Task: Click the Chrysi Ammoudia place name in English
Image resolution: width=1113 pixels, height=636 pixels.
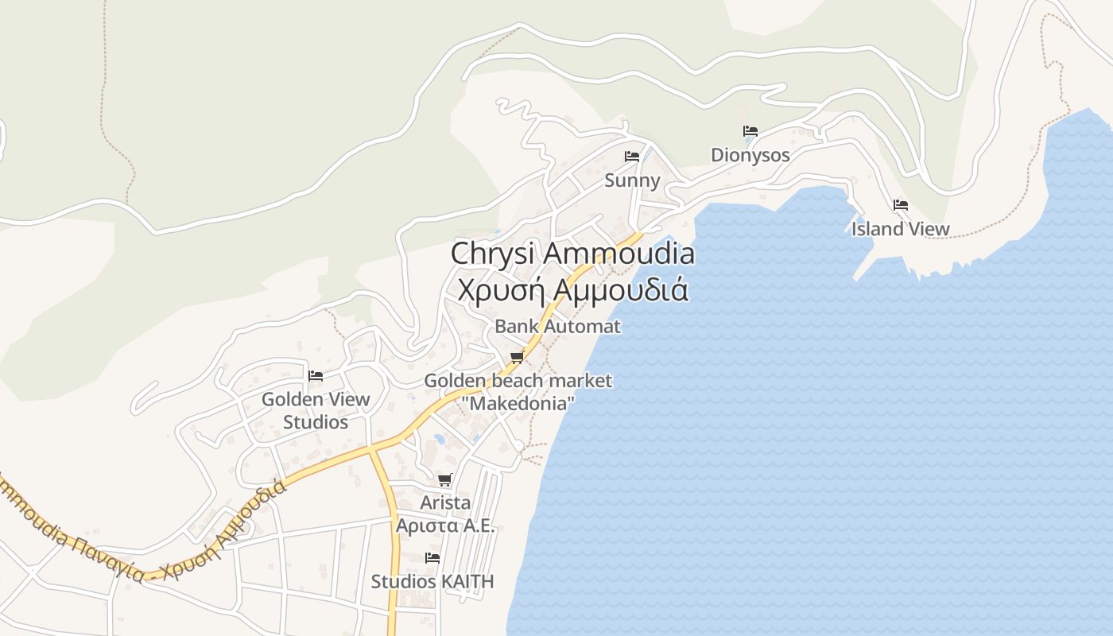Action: (x=572, y=254)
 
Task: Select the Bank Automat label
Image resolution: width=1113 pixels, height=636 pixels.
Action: (x=557, y=326)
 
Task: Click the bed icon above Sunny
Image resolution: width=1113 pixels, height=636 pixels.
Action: (x=632, y=157)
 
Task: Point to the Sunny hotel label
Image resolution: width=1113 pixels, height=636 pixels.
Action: (x=632, y=180)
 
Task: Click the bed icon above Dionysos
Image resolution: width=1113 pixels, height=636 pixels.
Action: (x=750, y=131)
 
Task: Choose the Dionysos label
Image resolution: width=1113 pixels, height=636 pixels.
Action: (x=750, y=155)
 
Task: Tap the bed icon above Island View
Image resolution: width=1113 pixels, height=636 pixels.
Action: (x=901, y=205)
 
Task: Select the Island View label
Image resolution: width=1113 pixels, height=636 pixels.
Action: (x=901, y=229)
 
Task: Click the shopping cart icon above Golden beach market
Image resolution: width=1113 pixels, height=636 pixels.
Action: (x=518, y=357)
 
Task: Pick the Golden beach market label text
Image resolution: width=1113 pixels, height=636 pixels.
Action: (x=518, y=381)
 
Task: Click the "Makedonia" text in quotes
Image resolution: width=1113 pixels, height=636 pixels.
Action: (x=518, y=403)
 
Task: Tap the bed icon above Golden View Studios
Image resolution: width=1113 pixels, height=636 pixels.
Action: (x=316, y=375)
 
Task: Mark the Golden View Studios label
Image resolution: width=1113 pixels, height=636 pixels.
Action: (x=316, y=410)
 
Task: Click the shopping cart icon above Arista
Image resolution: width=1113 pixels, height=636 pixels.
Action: (x=445, y=480)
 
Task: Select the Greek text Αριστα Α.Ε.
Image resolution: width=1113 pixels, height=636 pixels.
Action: (x=445, y=525)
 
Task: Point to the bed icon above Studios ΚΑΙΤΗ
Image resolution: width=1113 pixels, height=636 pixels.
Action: (x=432, y=558)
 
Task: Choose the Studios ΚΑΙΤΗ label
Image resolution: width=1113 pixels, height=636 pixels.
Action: (x=432, y=582)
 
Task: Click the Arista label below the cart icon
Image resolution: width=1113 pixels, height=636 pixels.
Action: (x=445, y=502)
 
